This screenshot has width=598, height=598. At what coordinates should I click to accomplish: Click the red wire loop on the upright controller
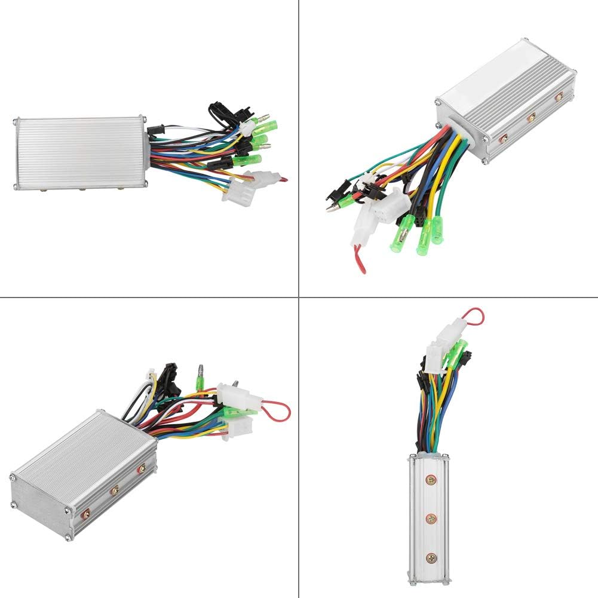point(475,315)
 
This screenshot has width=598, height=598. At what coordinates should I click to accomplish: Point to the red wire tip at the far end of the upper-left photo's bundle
point(283,179)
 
